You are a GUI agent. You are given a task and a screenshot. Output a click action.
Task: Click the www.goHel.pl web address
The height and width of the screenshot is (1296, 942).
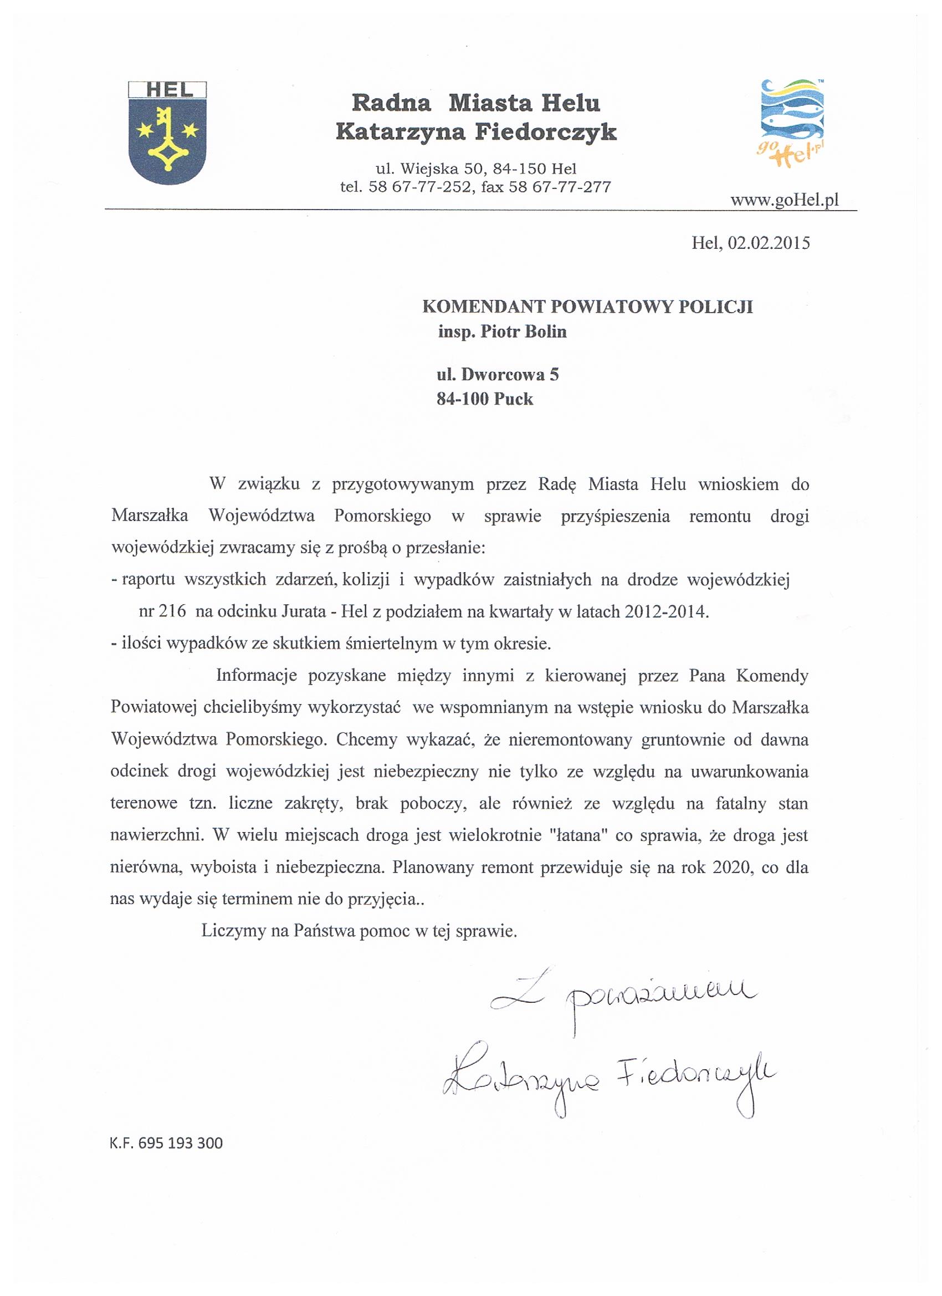pos(784,201)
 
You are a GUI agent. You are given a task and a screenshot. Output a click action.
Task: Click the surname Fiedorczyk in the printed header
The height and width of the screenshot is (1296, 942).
pos(546,132)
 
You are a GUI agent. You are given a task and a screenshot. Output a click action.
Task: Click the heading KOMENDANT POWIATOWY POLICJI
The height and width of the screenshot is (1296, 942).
pos(587,307)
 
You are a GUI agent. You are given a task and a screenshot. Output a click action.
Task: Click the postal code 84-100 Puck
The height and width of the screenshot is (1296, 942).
pos(484,399)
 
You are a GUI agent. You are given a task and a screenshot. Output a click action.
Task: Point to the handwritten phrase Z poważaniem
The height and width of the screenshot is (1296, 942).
pos(623,997)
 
